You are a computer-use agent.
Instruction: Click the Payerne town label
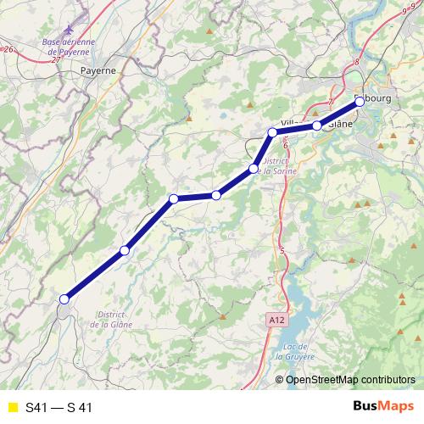pos(98,71)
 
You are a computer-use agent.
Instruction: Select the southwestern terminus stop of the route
pos(64,298)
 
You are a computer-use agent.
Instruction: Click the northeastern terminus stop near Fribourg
pos(359,101)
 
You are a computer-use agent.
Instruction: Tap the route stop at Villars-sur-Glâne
pos(317,126)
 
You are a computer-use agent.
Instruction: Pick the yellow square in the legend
pos(13,408)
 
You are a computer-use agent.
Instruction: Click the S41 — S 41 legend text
pos(59,408)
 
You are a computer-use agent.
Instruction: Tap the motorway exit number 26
pos(8,50)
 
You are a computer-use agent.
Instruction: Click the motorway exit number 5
pos(282,250)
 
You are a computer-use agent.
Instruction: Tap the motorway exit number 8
pos(359,61)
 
